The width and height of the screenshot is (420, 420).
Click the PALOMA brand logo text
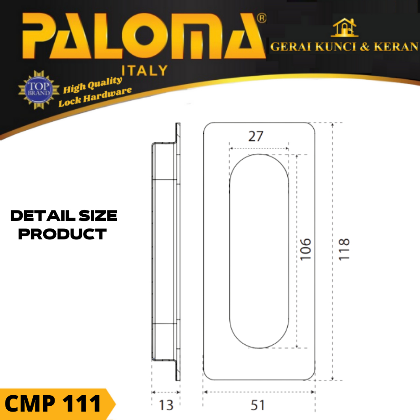tap(144, 36)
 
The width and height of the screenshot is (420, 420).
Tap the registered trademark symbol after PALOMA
tap(261, 18)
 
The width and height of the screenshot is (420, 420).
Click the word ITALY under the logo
tap(144, 71)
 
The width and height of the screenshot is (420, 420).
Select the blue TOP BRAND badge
tap(39, 89)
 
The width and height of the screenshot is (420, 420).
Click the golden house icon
tap(344, 27)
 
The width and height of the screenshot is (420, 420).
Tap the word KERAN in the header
tap(396, 47)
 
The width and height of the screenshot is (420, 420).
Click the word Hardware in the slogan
tap(107, 95)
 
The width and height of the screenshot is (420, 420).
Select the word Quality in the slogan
tap(105, 83)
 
